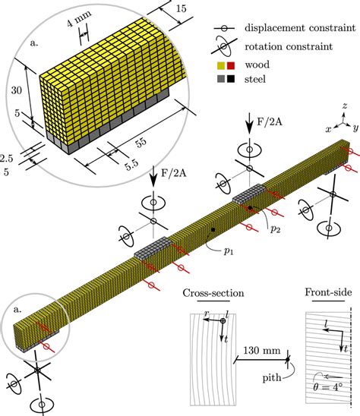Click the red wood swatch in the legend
(x=231, y=65)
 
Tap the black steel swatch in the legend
(x=231, y=79)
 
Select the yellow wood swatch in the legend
(x=221, y=65)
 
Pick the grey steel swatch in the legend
(x=221, y=79)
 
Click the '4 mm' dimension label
(x=79, y=18)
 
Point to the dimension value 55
(x=141, y=141)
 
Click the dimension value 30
(x=17, y=91)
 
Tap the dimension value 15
(x=182, y=9)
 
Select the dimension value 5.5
(x=132, y=165)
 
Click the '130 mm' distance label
(x=262, y=351)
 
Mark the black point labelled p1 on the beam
(x=213, y=229)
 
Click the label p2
(x=275, y=229)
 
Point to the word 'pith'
(x=272, y=378)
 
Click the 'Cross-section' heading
(x=213, y=293)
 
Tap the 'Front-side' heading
(x=328, y=292)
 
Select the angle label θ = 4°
(x=327, y=387)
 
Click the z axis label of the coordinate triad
(x=345, y=106)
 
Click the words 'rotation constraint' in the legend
(x=289, y=47)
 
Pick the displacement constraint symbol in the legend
(x=224, y=28)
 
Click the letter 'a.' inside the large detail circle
(x=34, y=43)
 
